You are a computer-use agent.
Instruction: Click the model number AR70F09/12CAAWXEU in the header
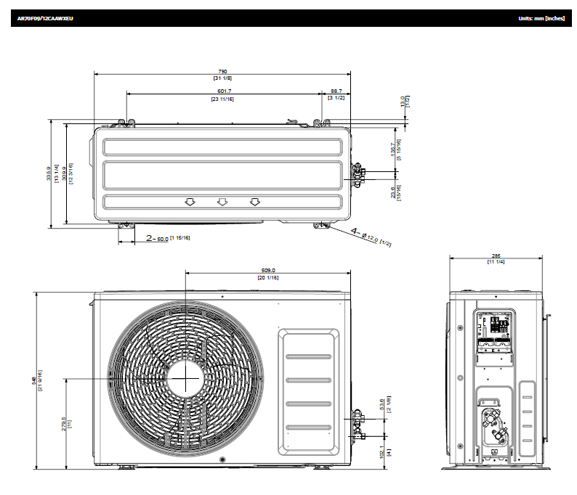[x=45, y=17]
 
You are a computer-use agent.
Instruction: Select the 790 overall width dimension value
[x=222, y=71]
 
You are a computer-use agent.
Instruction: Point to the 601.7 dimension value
[x=223, y=91]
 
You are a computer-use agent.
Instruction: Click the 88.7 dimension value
[x=336, y=91]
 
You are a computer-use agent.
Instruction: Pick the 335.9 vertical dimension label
[x=49, y=174]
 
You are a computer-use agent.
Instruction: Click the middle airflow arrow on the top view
[x=222, y=202]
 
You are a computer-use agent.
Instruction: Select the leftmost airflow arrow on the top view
[x=190, y=202]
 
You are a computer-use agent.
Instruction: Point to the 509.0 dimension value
[x=267, y=271]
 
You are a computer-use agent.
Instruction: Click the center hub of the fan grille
[x=185, y=378]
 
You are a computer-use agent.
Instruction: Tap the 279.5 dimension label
[x=65, y=422]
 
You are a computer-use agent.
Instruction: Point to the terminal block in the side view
[x=496, y=326]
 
